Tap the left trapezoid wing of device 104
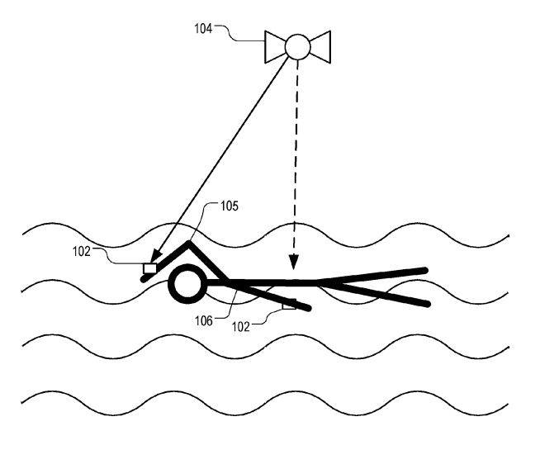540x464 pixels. [276, 46]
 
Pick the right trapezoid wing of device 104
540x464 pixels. [319, 46]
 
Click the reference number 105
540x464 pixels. [230, 206]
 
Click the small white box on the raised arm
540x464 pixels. [149, 268]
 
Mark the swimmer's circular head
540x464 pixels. [185, 285]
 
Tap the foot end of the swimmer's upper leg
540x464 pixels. [424, 269]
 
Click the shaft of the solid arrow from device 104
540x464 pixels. [223, 157]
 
